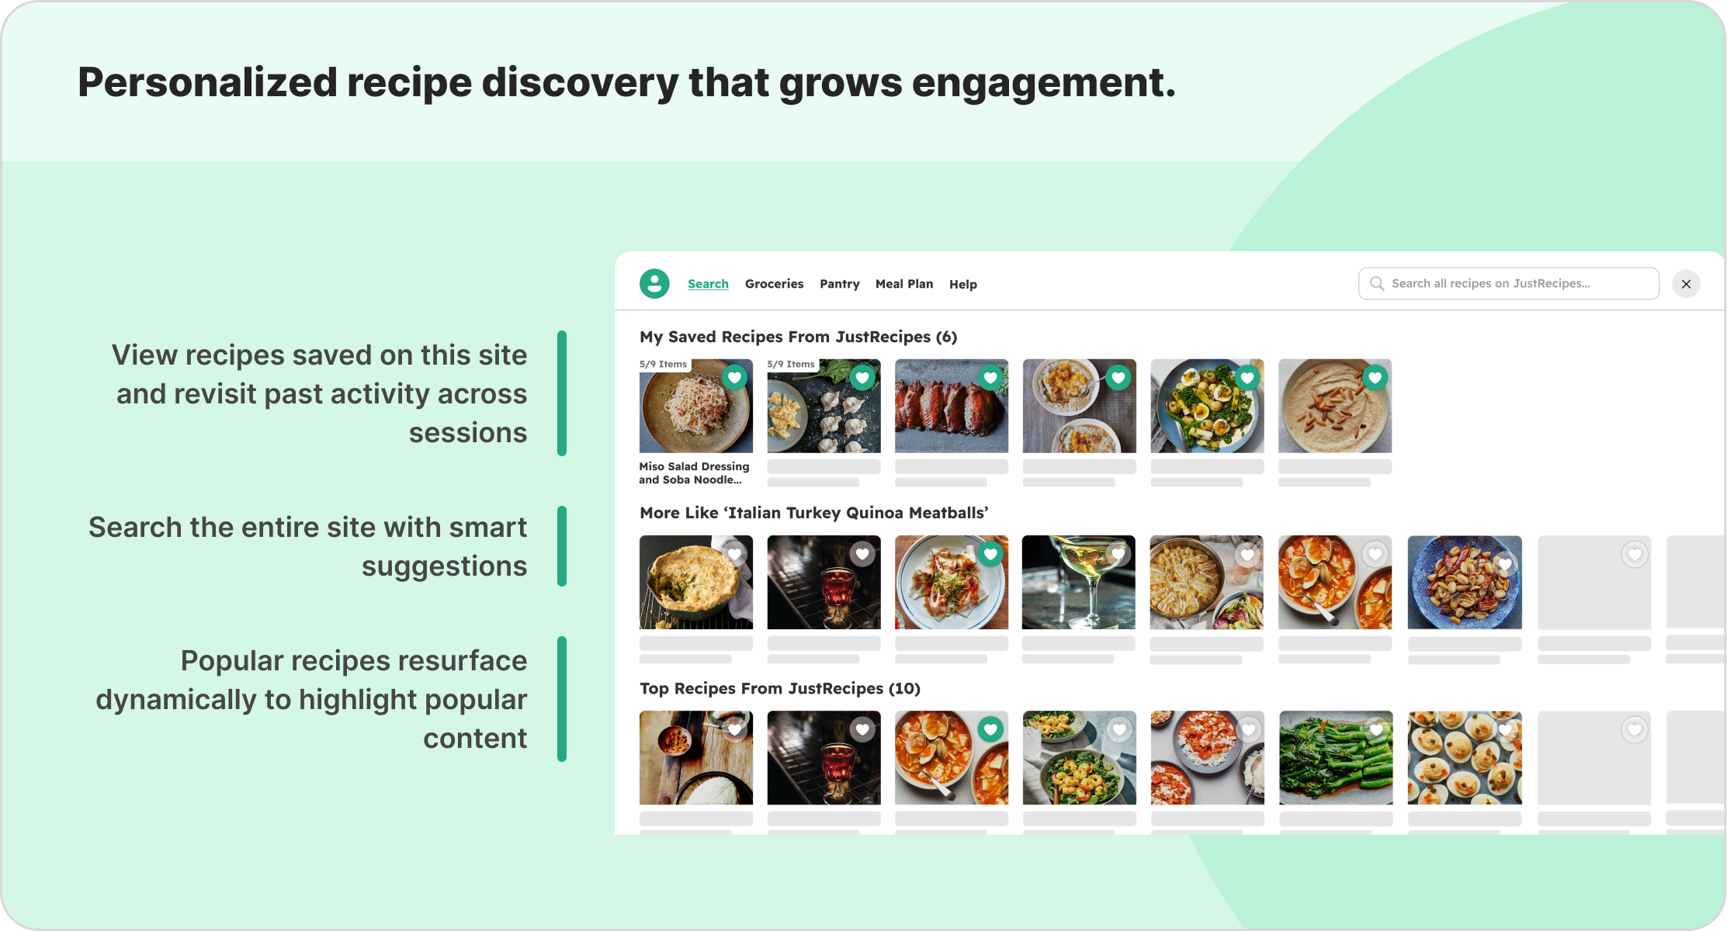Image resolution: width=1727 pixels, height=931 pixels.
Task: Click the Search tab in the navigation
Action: [708, 284]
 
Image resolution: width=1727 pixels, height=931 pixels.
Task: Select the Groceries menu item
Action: [774, 284]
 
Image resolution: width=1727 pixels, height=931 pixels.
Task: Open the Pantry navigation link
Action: [839, 284]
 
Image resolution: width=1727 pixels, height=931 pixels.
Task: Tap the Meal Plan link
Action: [903, 284]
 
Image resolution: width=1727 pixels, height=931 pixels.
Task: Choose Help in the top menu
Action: [962, 285]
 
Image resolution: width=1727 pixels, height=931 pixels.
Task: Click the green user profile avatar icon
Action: [654, 284]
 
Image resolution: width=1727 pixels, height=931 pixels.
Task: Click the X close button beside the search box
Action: [1686, 284]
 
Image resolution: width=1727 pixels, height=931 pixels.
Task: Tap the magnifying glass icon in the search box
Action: [1376, 284]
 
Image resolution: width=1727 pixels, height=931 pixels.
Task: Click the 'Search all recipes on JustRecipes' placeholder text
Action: [1490, 284]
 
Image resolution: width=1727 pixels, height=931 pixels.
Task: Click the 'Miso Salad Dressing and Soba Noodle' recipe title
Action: [693, 472]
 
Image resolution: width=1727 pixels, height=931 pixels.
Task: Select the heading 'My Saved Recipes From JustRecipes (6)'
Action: [798, 337]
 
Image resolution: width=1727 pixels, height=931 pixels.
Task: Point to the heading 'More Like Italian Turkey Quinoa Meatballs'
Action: [813, 513]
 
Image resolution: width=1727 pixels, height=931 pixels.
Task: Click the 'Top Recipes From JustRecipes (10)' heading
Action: [779, 688]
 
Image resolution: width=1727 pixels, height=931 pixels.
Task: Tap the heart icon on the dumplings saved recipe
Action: [862, 378]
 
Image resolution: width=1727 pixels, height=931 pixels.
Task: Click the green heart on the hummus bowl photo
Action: [1375, 378]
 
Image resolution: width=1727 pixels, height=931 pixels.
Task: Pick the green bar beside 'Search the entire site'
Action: [562, 546]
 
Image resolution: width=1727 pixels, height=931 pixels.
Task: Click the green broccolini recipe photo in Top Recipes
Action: [1335, 758]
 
